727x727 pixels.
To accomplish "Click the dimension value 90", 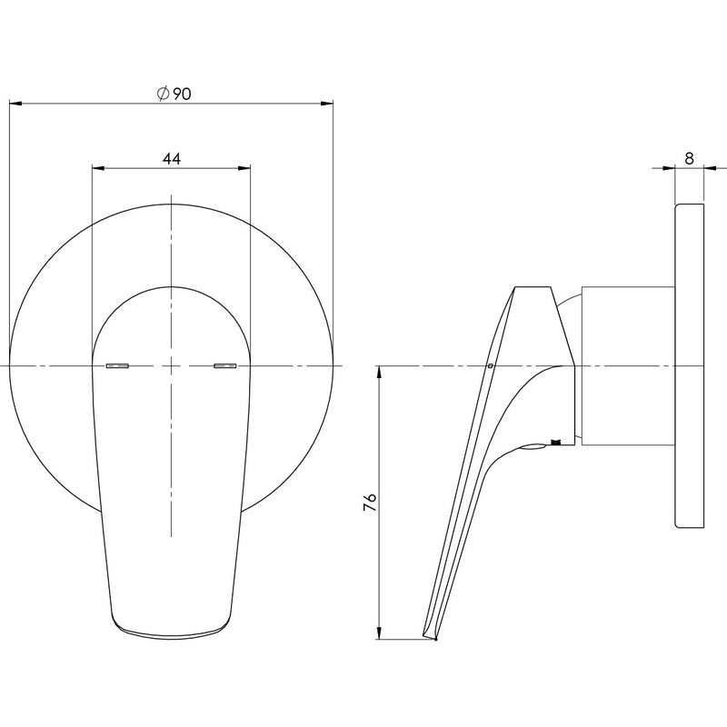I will tap(180, 93).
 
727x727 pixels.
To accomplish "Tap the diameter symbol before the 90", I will tap(162, 93).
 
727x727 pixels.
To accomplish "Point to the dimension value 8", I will tap(689, 158).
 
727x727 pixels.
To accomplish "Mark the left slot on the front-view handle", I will tap(118, 366).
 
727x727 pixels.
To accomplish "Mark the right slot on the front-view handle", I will tap(224, 366).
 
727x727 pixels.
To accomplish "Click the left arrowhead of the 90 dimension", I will tap(15, 103).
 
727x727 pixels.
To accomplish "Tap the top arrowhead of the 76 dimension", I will tap(378, 372).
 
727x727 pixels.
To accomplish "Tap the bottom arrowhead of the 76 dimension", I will tap(378, 633).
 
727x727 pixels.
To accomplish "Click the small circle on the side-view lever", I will tap(490, 367).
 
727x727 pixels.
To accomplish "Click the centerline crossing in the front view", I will tap(172, 366).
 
